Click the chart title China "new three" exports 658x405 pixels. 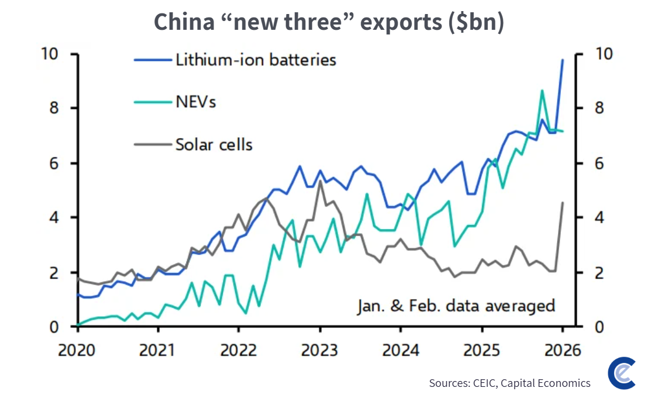[x=329, y=22]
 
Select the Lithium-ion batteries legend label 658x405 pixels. [x=256, y=60]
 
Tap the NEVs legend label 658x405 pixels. [x=195, y=102]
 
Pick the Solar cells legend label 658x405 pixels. [x=214, y=145]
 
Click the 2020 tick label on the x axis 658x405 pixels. [x=77, y=349]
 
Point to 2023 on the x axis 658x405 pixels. [x=319, y=349]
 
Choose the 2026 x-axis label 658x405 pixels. [x=562, y=349]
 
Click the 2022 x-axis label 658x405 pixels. [x=239, y=349]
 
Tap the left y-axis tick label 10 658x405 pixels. [x=49, y=54]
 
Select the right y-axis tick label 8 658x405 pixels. [x=600, y=108]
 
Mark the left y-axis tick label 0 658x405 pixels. [x=54, y=327]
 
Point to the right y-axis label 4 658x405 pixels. [x=600, y=217]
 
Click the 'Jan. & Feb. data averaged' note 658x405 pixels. [x=456, y=306]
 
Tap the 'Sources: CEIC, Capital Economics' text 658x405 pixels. [x=509, y=383]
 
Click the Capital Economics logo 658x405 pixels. [x=622, y=373]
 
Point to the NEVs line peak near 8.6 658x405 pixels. [x=542, y=91]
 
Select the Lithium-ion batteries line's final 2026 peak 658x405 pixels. [x=562, y=60]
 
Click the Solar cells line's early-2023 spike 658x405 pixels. [x=320, y=181]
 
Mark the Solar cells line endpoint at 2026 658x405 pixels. [x=562, y=203]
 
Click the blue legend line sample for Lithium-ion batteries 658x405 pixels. [x=153, y=60]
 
